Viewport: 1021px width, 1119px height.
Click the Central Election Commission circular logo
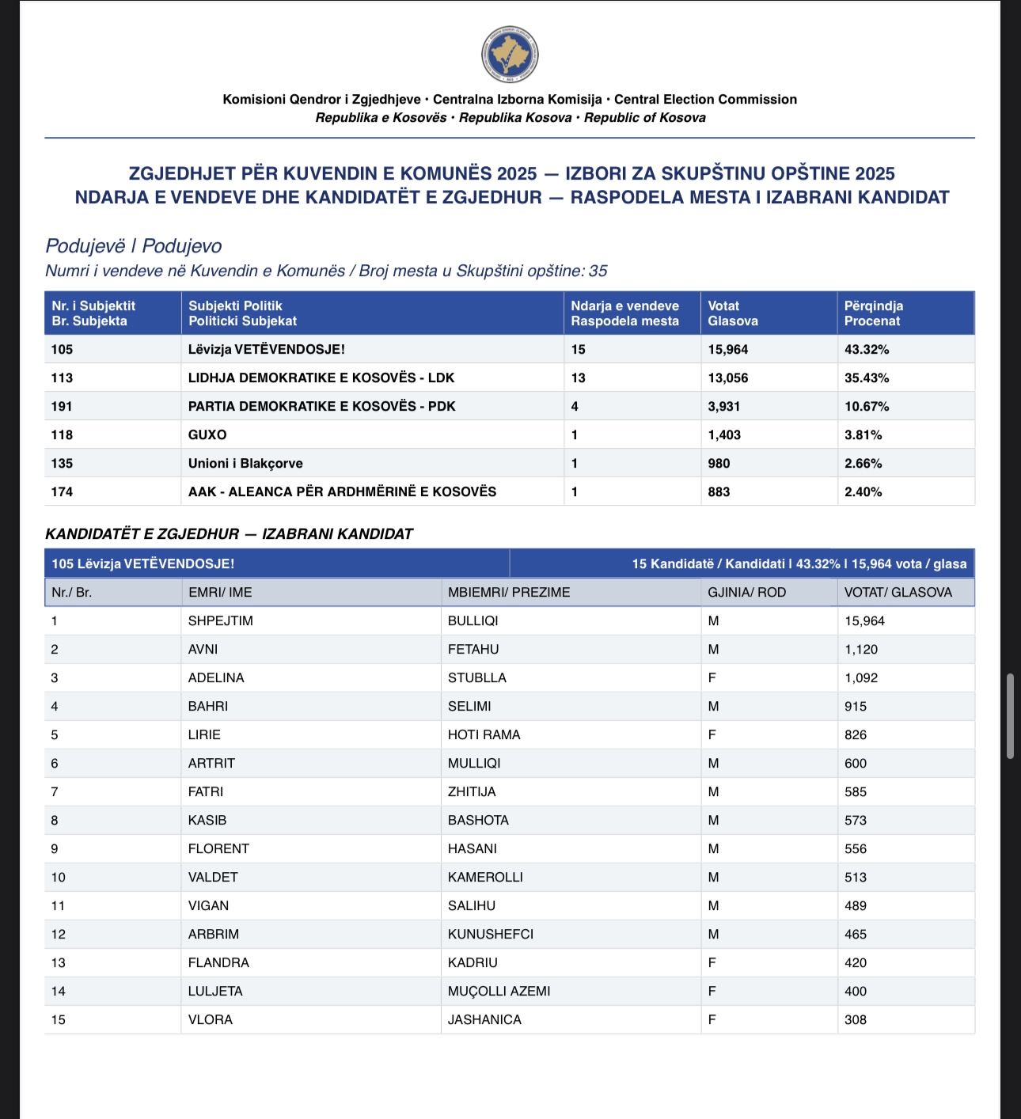click(x=510, y=55)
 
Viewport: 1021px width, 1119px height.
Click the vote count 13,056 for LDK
click(x=727, y=378)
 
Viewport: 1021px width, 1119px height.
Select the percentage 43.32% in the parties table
click(x=866, y=350)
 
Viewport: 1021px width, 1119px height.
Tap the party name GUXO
click(x=207, y=435)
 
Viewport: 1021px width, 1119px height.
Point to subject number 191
click(x=62, y=407)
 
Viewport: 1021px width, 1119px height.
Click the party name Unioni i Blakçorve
click(x=245, y=464)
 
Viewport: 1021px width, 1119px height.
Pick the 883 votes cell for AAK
click(x=719, y=492)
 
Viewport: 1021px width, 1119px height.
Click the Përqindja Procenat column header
click(x=873, y=313)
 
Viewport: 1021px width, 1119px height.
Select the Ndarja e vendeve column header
click(x=624, y=313)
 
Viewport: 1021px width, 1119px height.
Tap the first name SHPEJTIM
click(x=220, y=621)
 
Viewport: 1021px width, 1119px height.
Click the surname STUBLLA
click(x=476, y=678)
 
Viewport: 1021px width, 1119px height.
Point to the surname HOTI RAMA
click(x=484, y=735)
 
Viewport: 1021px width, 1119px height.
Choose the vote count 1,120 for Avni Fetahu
click(x=860, y=650)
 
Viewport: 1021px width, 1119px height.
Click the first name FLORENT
click(x=218, y=849)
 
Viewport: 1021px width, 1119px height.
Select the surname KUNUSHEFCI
click(x=490, y=935)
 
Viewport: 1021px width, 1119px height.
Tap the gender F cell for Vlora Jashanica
click(x=712, y=1020)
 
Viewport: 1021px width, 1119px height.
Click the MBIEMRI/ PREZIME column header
click(x=508, y=593)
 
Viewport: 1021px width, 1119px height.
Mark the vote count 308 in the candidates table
click(x=855, y=1020)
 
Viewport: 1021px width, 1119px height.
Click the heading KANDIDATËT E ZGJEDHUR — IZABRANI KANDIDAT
click(x=229, y=534)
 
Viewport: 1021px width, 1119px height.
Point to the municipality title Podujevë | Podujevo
click(x=133, y=246)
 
